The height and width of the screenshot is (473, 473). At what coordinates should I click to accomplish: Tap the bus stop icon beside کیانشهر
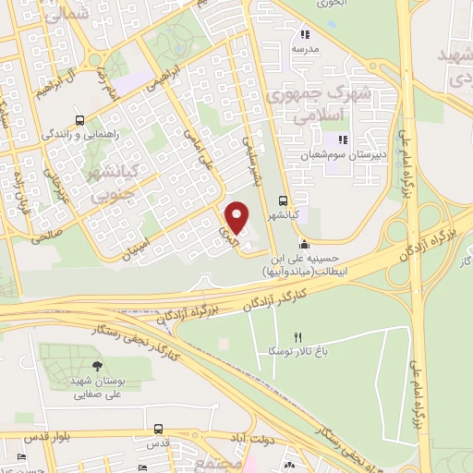coord(283,199)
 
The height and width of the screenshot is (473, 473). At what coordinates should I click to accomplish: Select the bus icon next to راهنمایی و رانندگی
coord(80,120)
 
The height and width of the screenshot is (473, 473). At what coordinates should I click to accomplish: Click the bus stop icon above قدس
coord(159,430)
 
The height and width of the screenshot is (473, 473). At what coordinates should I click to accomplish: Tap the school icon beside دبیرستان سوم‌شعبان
coord(341,140)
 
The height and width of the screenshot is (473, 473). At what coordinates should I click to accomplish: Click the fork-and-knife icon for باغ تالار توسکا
coord(297,337)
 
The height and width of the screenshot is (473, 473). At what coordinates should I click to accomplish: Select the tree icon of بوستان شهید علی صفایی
coord(99,351)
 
